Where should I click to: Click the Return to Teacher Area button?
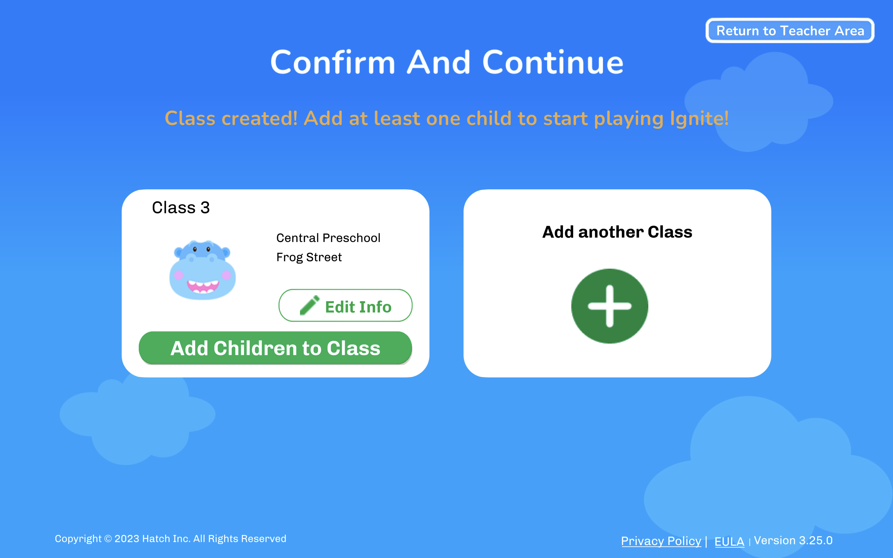coord(790,31)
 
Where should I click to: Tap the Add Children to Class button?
coord(275,348)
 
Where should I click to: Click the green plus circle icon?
coord(610,306)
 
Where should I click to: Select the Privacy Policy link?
coord(661,541)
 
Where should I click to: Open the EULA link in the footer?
coord(729,541)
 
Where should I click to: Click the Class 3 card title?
coord(181,207)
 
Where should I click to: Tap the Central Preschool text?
coord(328,238)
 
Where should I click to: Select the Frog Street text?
coord(309,257)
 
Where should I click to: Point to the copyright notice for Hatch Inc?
coord(171,539)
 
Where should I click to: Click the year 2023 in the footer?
coord(127,539)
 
